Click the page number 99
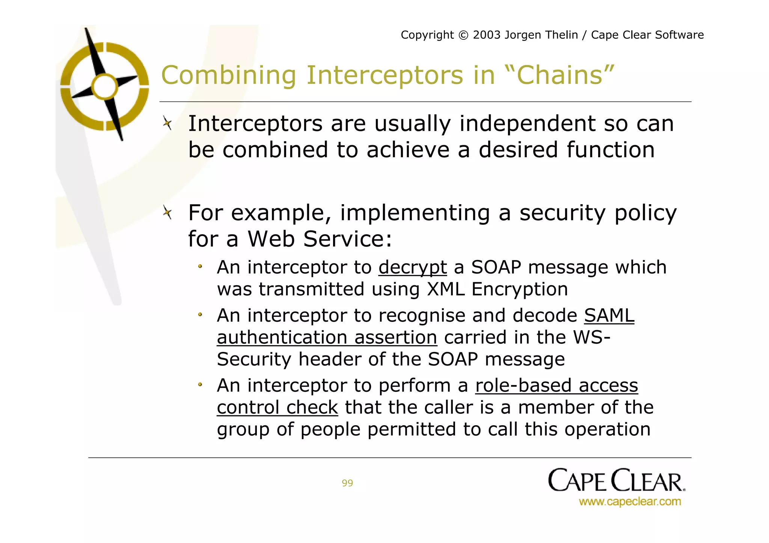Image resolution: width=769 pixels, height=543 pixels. (x=347, y=483)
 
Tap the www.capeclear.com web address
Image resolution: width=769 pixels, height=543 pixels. (x=630, y=502)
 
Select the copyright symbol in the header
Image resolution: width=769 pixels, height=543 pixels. (x=464, y=35)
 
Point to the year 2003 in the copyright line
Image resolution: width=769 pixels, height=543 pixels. (x=487, y=35)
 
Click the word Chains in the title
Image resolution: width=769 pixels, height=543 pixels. (x=565, y=75)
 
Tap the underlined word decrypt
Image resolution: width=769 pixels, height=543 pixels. (x=412, y=268)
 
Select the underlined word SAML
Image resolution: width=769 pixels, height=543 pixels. (x=609, y=315)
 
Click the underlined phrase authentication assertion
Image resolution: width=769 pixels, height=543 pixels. (x=327, y=337)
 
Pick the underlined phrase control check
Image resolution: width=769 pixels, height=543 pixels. (x=277, y=408)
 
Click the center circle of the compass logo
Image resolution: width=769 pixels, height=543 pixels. (x=105, y=87)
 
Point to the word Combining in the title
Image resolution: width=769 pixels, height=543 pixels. (x=229, y=75)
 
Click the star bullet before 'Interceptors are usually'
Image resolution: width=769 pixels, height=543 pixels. (x=167, y=123)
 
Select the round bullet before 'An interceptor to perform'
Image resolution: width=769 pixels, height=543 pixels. (x=200, y=385)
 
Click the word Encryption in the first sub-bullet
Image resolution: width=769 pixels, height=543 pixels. (x=519, y=289)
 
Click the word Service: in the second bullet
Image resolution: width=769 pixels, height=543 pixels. (x=347, y=239)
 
